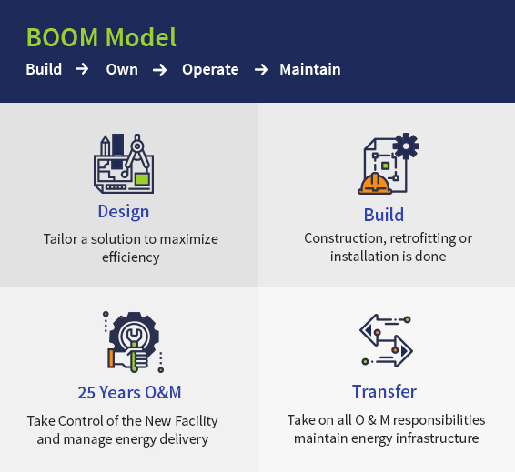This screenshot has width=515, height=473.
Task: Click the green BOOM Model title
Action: (x=101, y=37)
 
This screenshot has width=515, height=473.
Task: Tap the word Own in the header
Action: (x=122, y=70)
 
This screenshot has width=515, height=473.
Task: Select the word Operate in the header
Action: (x=210, y=70)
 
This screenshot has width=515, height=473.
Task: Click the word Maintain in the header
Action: (x=310, y=70)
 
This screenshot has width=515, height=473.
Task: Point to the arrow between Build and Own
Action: (x=82, y=69)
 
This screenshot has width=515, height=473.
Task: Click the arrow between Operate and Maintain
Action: (x=261, y=70)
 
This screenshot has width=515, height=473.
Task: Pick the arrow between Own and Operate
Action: (x=159, y=70)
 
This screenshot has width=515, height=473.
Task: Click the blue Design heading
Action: (x=124, y=212)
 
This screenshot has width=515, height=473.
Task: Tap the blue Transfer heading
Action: (x=384, y=391)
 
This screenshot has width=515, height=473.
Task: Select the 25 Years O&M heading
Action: (x=129, y=392)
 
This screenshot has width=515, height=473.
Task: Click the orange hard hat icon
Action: (x=375, y=184)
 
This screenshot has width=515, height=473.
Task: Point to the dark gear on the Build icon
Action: (x=406, y=146)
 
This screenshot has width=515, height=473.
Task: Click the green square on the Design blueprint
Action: (x=142, y=179)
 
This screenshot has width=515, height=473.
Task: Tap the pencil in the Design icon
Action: (x=106, y=146)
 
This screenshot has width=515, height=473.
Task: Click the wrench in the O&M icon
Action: (x=134, y=348)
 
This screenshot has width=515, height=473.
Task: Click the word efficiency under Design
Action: (x=131, y=257)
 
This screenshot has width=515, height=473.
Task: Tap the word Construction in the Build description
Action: (x=345, y=238)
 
